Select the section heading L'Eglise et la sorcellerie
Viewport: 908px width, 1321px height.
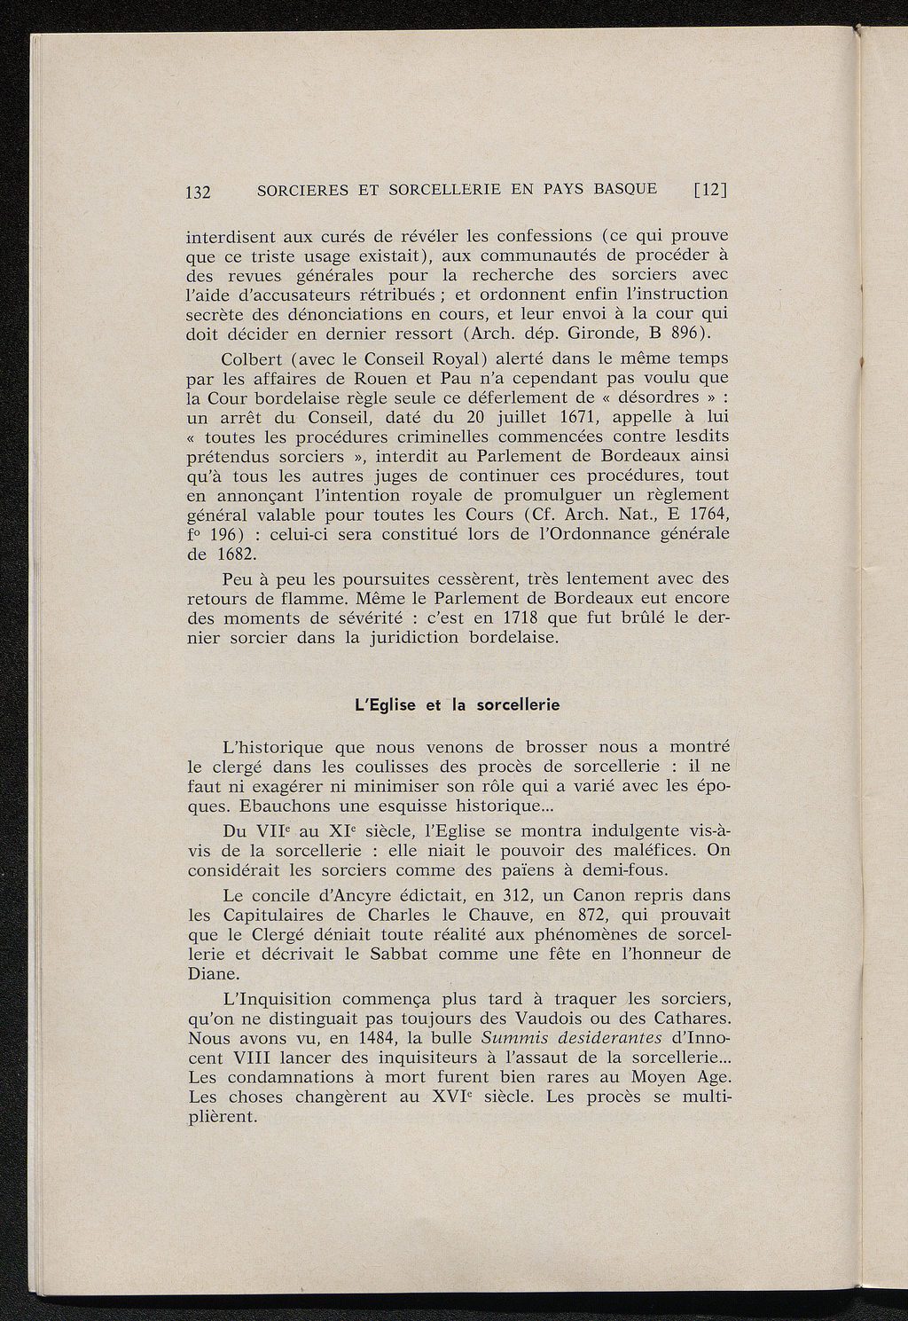tap(457, 706)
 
